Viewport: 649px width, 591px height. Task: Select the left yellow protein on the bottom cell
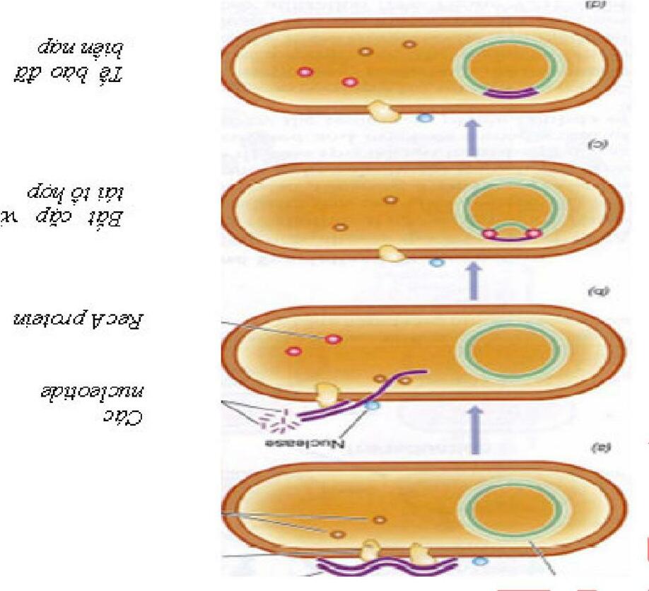tap(368, 549)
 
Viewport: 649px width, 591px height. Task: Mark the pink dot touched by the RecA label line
tap(332, 340)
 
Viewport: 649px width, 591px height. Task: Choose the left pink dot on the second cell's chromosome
tap(488, 234)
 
